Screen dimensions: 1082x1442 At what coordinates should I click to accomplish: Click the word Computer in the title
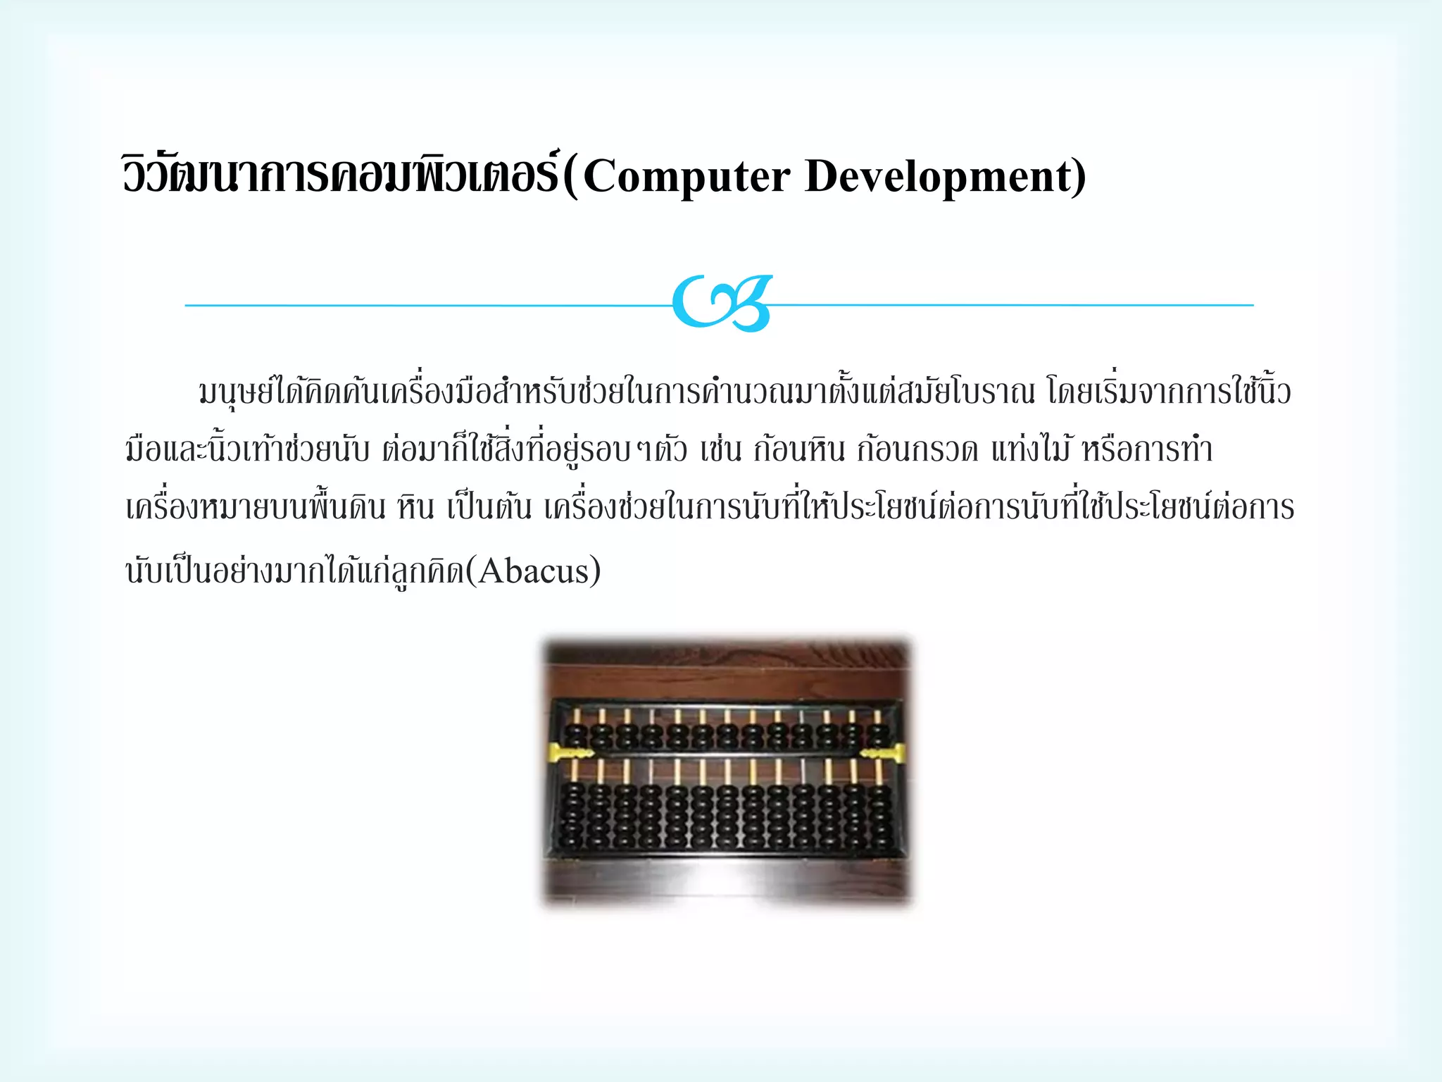(686, 176)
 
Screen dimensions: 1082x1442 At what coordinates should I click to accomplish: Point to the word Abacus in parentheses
(539, 571)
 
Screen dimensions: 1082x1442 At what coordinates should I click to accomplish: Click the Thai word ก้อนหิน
(798, 449)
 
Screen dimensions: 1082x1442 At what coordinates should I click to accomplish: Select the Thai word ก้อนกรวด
(917, 449)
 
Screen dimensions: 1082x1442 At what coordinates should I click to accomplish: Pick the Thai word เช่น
(721, 449)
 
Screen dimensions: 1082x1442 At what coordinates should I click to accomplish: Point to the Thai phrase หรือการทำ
(1147, 449)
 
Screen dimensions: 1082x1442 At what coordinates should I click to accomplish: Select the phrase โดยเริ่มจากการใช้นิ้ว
(1169, 391)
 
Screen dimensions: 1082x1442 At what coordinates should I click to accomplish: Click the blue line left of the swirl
(422, 305)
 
